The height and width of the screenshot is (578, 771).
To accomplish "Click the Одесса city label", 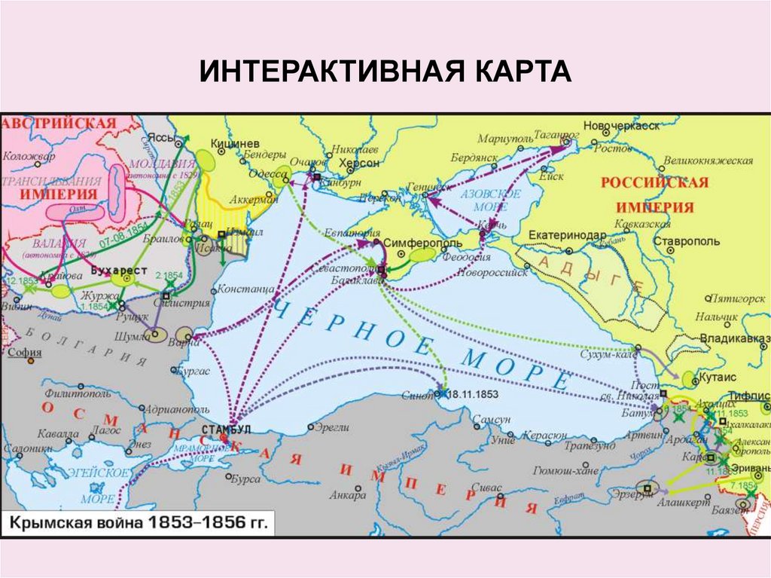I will (x=260, y=171).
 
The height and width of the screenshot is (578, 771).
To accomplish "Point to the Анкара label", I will (x=347, y=495).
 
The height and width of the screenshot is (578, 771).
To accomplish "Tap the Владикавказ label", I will (x=734, y=338).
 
